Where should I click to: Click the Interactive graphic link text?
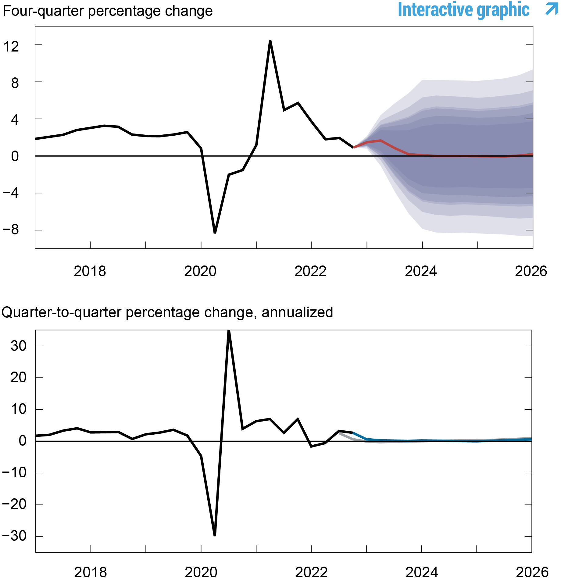(x=463, y=10)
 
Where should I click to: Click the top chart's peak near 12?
(x=270, y=41)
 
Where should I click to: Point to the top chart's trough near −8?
(x=215, y=233)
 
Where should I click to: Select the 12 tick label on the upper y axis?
(x=11, y=47)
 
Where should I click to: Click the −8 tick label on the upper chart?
(x=11, y=230)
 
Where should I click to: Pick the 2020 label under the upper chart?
(x=200, y=271)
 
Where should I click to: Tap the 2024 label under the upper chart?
(x=421, y=271)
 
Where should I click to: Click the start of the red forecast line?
(x=354, y=147)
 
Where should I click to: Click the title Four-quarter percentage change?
(x=107, y=11)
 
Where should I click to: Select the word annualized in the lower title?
(x=297, y=312)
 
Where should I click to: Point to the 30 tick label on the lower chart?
(x=18, y=346)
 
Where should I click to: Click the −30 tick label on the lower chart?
(x=14, y=536)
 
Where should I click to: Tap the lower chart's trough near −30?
(x=215, y=535)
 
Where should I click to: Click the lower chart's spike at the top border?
(x=229, y=331)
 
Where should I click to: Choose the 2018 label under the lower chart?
(x=90, y=572)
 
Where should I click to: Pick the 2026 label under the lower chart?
(x=532, y=572)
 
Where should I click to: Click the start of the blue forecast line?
(x=353, y=433)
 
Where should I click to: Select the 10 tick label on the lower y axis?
(x=18, y=409)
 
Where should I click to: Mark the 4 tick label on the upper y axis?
(x=15, y=120)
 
